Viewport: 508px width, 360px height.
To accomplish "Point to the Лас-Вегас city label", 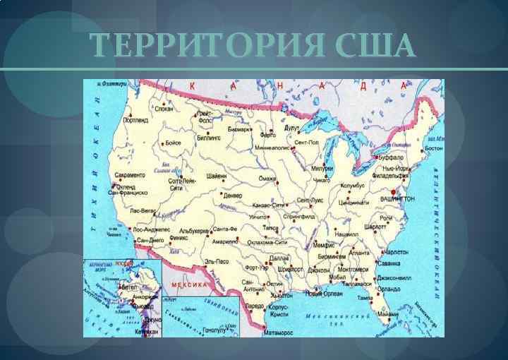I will [x=145, y=210].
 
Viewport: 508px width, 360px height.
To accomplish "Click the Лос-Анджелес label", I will [x=151, y=230].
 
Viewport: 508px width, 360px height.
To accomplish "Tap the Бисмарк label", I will [x=240, y=130].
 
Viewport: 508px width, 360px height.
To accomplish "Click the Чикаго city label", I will [x=321, y=181].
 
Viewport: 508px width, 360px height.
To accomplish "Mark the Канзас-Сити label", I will [x=267, y=205].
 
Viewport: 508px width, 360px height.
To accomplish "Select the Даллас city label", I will [x=279, y=259].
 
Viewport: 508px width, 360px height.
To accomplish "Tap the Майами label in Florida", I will [x=387, y=314].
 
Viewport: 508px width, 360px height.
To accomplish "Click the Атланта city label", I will [x=359, y=252].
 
